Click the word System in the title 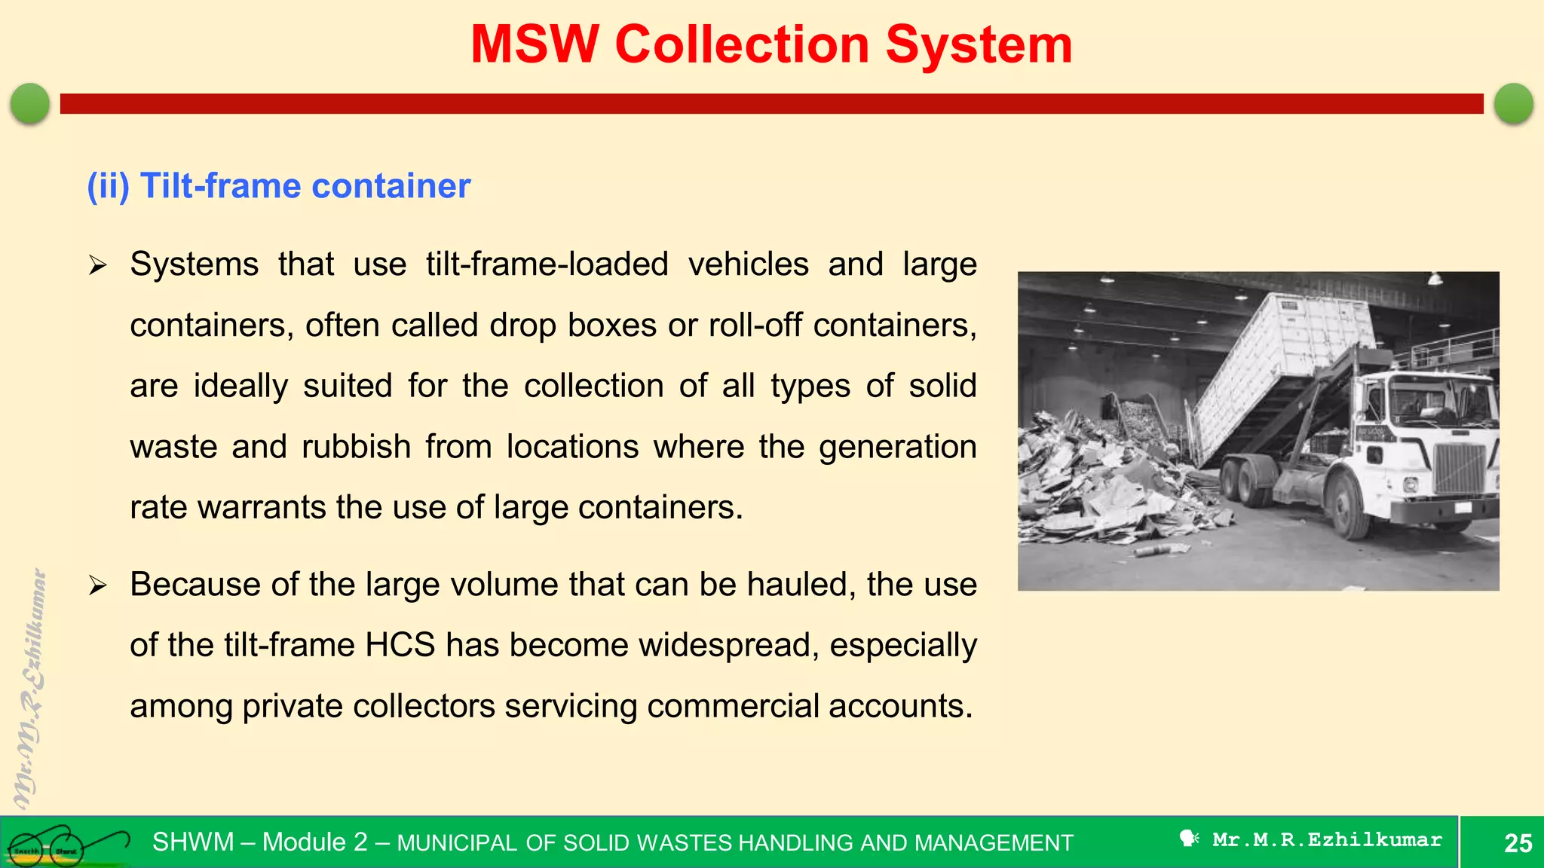click(x=978, y=45)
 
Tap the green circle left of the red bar click(x=30, y=103)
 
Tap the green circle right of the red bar click(x=1513, y=103)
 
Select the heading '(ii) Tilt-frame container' click(x=278, y=186)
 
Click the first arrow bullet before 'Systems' click(x=97, y=265)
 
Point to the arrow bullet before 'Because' click(x=97, y=585)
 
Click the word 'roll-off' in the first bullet click(x=756, y=325)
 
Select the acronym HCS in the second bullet click(x=400, y=646)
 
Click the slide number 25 click(x=1518, y=843)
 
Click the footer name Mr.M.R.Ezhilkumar click(x=1327, y=840)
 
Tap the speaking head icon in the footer click(x=1189, y=839)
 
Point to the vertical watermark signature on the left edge click(x=30, y=686)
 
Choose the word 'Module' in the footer click(x=314, y=842)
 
